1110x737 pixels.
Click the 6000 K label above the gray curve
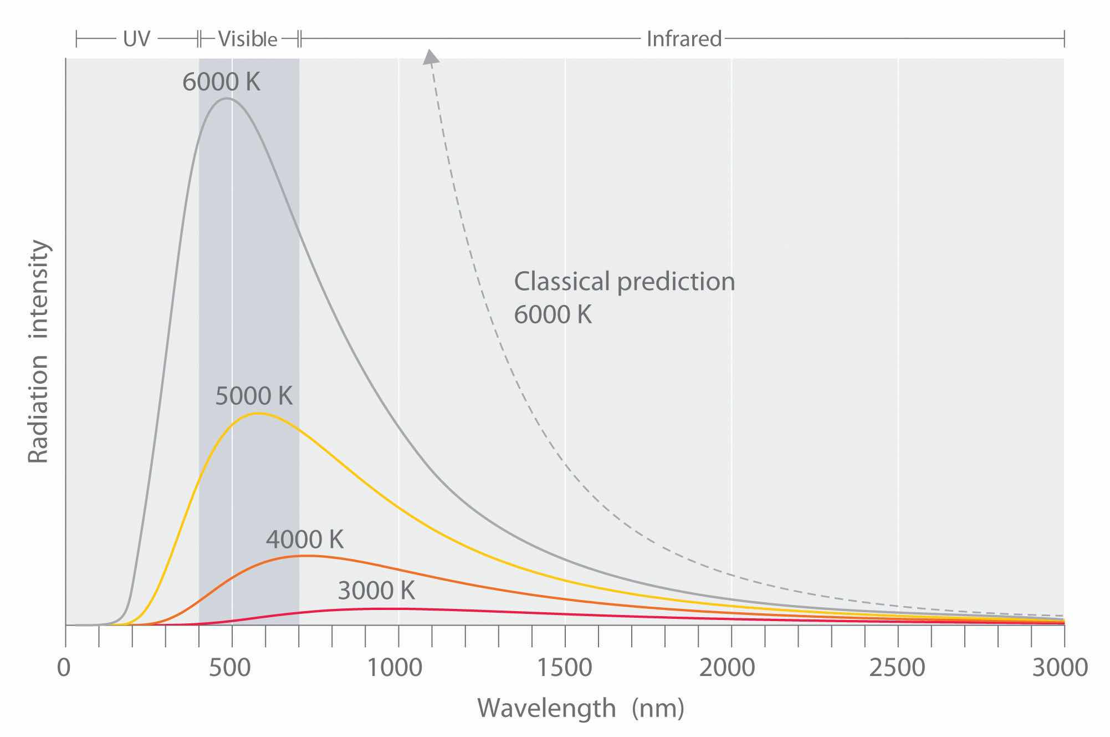(221, 82)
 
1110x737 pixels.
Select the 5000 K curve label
(254, 396)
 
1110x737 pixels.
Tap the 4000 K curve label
(305, 539)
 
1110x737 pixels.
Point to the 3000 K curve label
(376, 591)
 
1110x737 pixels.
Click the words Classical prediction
(624, 282)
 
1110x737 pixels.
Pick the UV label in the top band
(136, 39)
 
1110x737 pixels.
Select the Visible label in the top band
(247, 39)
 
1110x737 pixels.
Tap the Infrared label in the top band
(684, 39)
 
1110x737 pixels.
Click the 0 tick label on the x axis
(64, 668)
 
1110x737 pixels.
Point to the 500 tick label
(232, 668)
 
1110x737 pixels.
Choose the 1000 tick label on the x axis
(397, 668)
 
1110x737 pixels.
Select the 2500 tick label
(897, 668)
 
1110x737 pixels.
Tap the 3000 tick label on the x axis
(1061, 668)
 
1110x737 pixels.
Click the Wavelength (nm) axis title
(581, 708)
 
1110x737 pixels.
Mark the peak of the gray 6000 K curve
(226, 99)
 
